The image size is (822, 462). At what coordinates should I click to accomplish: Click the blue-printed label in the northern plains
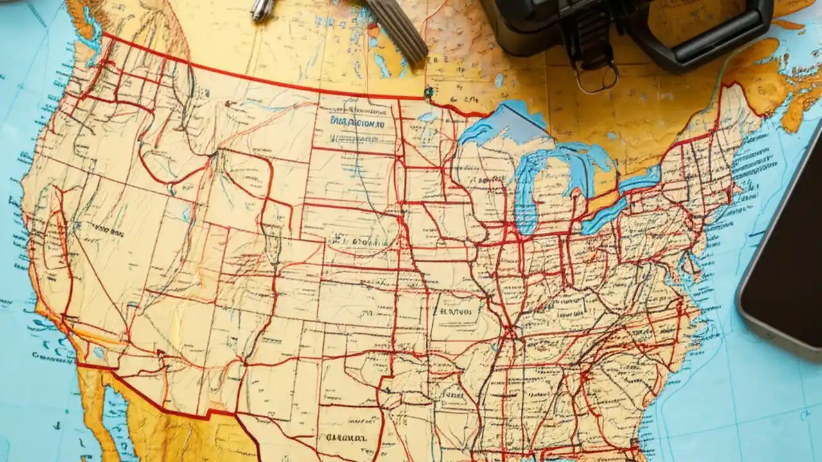[x=357, y=121]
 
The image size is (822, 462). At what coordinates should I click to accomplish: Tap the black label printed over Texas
[x=346, y=438]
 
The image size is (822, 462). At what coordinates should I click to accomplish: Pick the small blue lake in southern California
[x=98, y=352]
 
